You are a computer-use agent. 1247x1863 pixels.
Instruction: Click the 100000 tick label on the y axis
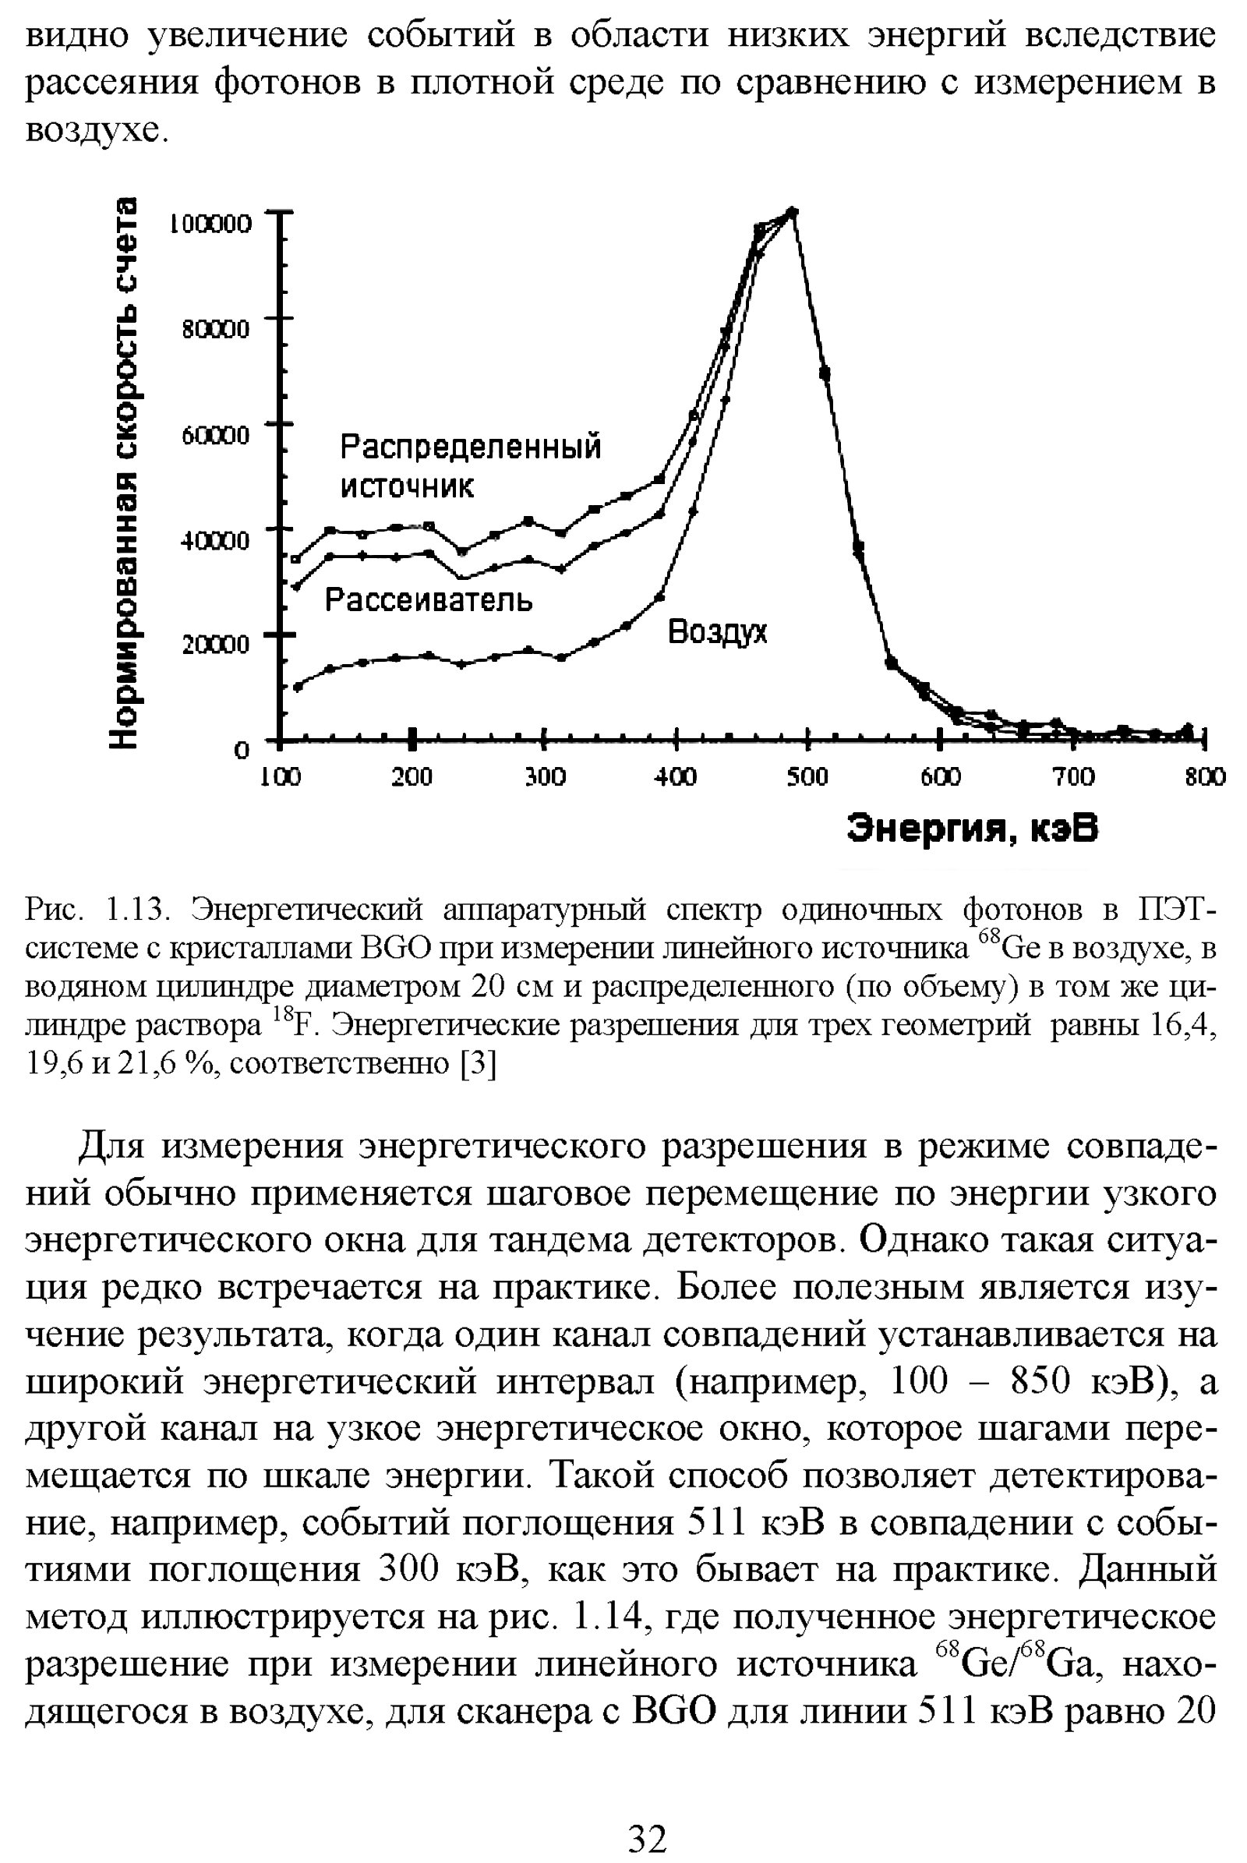coord(210,224)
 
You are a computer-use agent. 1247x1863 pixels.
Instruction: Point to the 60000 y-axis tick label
coord(216,435)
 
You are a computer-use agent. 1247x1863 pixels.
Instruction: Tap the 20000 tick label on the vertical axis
coord(216,645)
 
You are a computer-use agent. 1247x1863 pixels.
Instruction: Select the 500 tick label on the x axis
coord(807,776)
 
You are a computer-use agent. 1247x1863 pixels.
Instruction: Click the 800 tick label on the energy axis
coord(1205,776)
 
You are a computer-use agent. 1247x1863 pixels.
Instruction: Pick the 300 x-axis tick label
coord(545,776)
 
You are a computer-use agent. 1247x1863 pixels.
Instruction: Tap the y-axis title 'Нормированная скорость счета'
coord(127,472)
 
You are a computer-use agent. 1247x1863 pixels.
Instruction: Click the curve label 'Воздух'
coord(717,632)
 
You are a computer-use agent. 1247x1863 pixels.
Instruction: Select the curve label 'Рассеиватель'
coord(429,599)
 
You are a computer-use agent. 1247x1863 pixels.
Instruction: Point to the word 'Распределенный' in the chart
coord(471,447)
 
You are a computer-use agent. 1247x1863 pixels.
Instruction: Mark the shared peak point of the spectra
coord(792,211)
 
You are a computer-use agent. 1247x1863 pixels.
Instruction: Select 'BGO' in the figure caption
coord(396,949)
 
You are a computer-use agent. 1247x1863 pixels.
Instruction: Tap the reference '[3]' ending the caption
coord(479,1064)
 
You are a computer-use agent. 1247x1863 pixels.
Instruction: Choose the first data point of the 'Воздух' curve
coord(299,687)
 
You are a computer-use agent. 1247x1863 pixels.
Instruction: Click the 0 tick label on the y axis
coord(241,750)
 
